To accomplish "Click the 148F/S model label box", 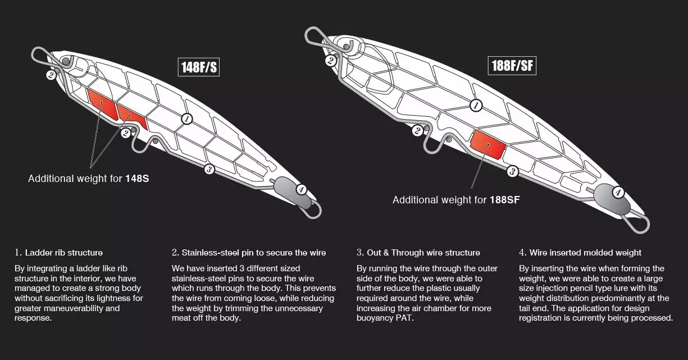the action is tap(199, 67).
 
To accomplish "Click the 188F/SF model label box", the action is tap(512, 66).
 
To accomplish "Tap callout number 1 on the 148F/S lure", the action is tap(186, 119).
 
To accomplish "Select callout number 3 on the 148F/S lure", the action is tap(209, 169).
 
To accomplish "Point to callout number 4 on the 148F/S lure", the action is tap(301, 189).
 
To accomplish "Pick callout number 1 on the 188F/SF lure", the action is tap(476, 106).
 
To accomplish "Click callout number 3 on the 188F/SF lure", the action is tap(512, 171).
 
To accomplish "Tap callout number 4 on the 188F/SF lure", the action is tap(618, 193).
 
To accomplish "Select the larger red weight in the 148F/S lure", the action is tap(102, 104).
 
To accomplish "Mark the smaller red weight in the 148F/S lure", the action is tap(131, 116).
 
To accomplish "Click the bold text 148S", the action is tap(137, 179).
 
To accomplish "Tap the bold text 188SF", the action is tap(505, 200).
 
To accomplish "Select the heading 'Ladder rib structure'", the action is tap(63, 253).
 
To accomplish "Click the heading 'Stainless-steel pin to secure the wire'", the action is tap(253, 253).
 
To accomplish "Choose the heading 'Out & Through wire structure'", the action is tap(423, 253).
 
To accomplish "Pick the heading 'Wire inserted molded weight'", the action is tap(585, 253).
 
